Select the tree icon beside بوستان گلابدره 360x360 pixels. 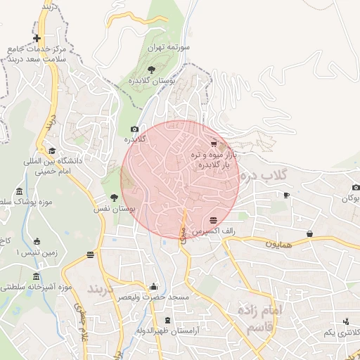tap(151, 69)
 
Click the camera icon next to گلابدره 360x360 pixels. tap(134, 129)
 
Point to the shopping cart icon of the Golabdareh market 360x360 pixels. tap(213, 143)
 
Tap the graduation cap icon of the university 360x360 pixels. tap(52, 150)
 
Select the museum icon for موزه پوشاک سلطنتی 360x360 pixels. tap(18, 192)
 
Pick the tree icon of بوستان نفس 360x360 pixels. tap(114, 198)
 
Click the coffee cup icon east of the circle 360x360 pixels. tap(286, 195)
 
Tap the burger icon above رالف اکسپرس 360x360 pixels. tap(213, 220)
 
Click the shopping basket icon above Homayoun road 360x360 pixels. tap(309, 233)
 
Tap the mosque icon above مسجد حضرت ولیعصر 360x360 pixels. tap(154, 286)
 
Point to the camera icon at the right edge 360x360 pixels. tap(356, 187)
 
